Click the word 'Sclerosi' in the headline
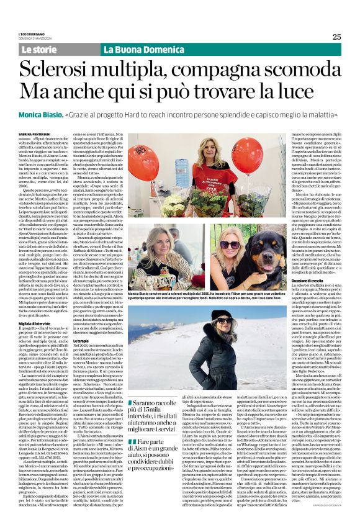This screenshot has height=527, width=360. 62,68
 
